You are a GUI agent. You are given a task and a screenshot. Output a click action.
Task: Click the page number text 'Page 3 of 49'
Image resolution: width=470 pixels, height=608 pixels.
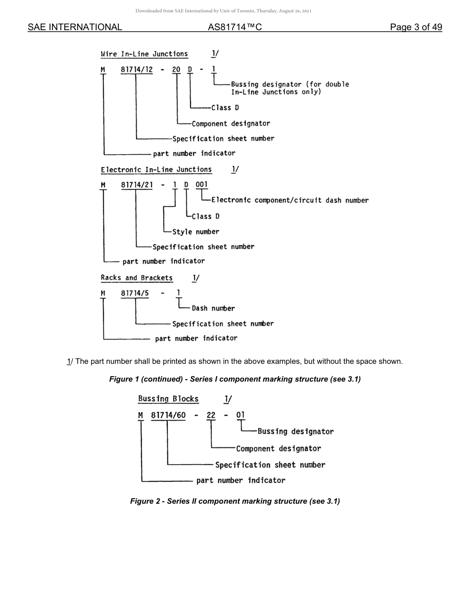coord(416,27)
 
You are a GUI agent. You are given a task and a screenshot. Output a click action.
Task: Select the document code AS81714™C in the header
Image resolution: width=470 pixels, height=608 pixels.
coord(235,27)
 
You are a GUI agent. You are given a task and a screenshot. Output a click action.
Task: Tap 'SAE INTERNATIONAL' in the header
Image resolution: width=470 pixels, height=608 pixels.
coord(75,27)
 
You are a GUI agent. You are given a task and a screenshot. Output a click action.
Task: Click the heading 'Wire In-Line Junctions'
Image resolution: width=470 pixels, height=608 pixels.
coord(144,54)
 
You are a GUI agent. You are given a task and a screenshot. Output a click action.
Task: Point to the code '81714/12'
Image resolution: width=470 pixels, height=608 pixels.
coord(136,70)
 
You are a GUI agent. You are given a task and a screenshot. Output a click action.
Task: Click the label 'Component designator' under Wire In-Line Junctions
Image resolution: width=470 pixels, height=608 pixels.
coord(231,124)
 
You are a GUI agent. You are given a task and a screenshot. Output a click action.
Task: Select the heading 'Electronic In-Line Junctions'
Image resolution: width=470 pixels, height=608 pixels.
coord(156,170)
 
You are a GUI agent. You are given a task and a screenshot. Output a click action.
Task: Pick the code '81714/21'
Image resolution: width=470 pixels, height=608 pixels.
coord(136,185)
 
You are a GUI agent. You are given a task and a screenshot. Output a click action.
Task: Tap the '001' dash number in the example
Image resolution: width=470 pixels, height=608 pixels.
coord(201,185)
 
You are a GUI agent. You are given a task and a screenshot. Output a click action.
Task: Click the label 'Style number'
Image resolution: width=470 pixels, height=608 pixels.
coord(195,232)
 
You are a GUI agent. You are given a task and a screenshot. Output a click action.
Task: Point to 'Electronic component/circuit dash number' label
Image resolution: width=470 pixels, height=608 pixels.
coord(290,200)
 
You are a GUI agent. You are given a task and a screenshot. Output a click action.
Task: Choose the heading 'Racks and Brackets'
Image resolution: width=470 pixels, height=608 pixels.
coord(137,278)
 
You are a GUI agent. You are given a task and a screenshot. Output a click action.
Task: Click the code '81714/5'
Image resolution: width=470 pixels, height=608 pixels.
coord(134,293)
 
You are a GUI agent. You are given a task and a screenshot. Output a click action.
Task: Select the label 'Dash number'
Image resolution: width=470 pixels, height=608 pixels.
coord(213,308)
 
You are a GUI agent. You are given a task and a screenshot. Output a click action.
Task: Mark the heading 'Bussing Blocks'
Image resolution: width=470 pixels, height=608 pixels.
coord(168,399)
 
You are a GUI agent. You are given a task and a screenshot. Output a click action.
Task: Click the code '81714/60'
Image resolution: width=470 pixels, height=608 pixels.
coord(168,415)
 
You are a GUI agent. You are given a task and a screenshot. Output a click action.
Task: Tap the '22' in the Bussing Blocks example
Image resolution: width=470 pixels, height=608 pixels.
coord(211,415)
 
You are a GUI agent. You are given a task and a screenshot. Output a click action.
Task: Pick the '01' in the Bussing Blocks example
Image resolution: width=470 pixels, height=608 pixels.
coord(240,415)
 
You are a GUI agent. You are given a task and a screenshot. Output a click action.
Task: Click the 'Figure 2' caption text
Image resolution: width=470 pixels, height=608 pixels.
coord(235,501)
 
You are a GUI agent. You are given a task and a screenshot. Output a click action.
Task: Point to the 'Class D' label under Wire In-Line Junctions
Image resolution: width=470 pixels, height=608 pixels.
coord(225,108)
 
